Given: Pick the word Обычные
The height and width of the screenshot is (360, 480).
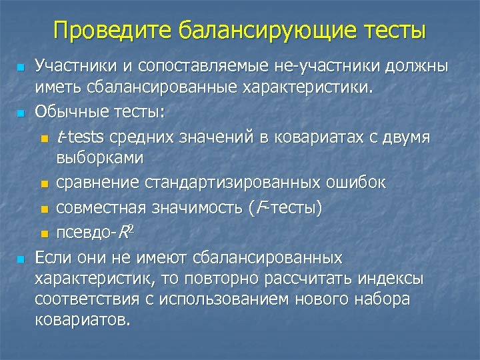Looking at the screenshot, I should (x=71, y=111).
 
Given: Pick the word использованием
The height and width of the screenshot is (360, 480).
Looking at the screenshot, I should (x=223, y=299).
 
